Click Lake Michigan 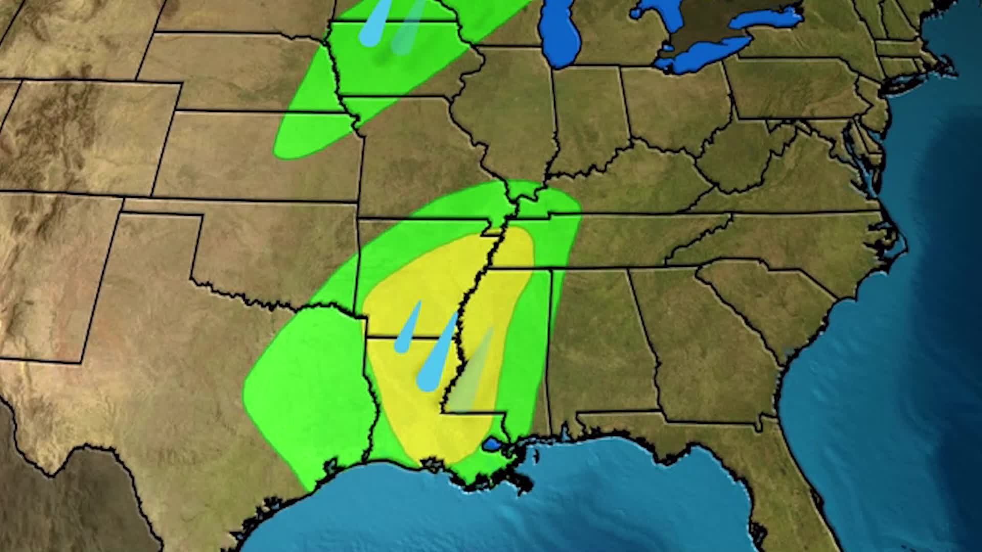click(x=560, y=36)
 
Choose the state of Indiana click(x=588, y=118)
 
